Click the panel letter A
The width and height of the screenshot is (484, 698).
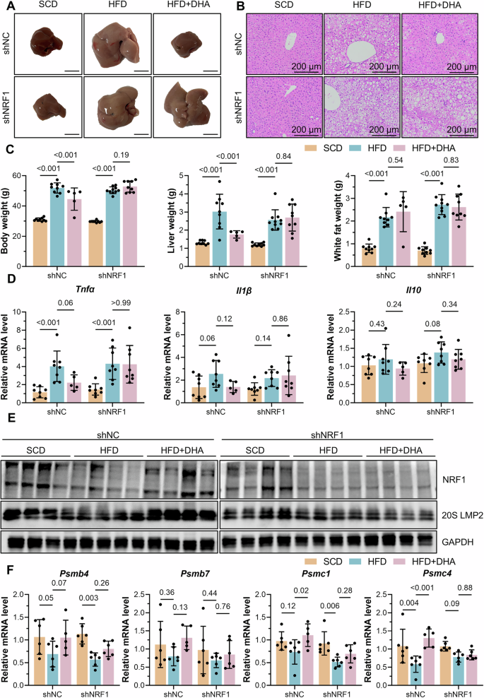(6, 6)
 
